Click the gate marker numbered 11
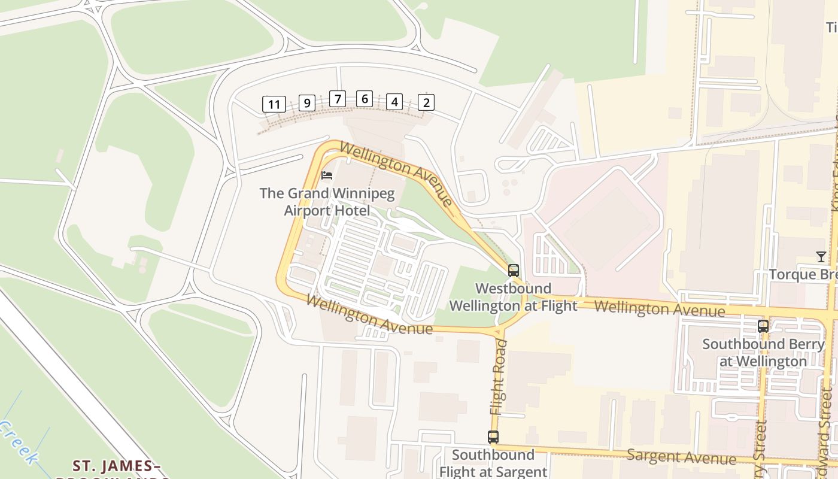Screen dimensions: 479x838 click(x=274, y=104)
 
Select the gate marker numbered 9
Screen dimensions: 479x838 click(x=306, y=103)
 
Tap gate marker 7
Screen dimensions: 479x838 click(x=338, y=99)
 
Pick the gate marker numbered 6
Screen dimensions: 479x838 click(x=364, y=99)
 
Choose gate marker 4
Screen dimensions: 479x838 click(x=394, y=102)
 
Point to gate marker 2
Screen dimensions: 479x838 click(x=426, y=102)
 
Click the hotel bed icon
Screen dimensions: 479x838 click(x=327, y=175)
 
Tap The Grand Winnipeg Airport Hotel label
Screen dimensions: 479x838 click(x=327, y=202)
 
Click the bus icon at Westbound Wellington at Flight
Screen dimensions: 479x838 click(x=513, y=270)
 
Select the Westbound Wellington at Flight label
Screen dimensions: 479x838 click(x=513, y=297)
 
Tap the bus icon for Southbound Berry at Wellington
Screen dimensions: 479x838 click(x=763, y=326)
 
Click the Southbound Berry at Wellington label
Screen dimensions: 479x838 click(x=763, y=353)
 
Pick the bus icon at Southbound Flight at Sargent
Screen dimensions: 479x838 click(x=493, y=437)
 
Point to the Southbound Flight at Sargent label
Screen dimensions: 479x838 click(x=493, y=463)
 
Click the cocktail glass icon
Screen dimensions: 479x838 click(x=821, y=257)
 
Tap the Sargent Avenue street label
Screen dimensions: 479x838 click(x=681, y=457)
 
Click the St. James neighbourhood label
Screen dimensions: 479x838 click(x=117, y=466)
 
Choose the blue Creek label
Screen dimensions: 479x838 click(x=17, y=442)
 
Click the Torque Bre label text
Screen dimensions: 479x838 click(x=802, y=274)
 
